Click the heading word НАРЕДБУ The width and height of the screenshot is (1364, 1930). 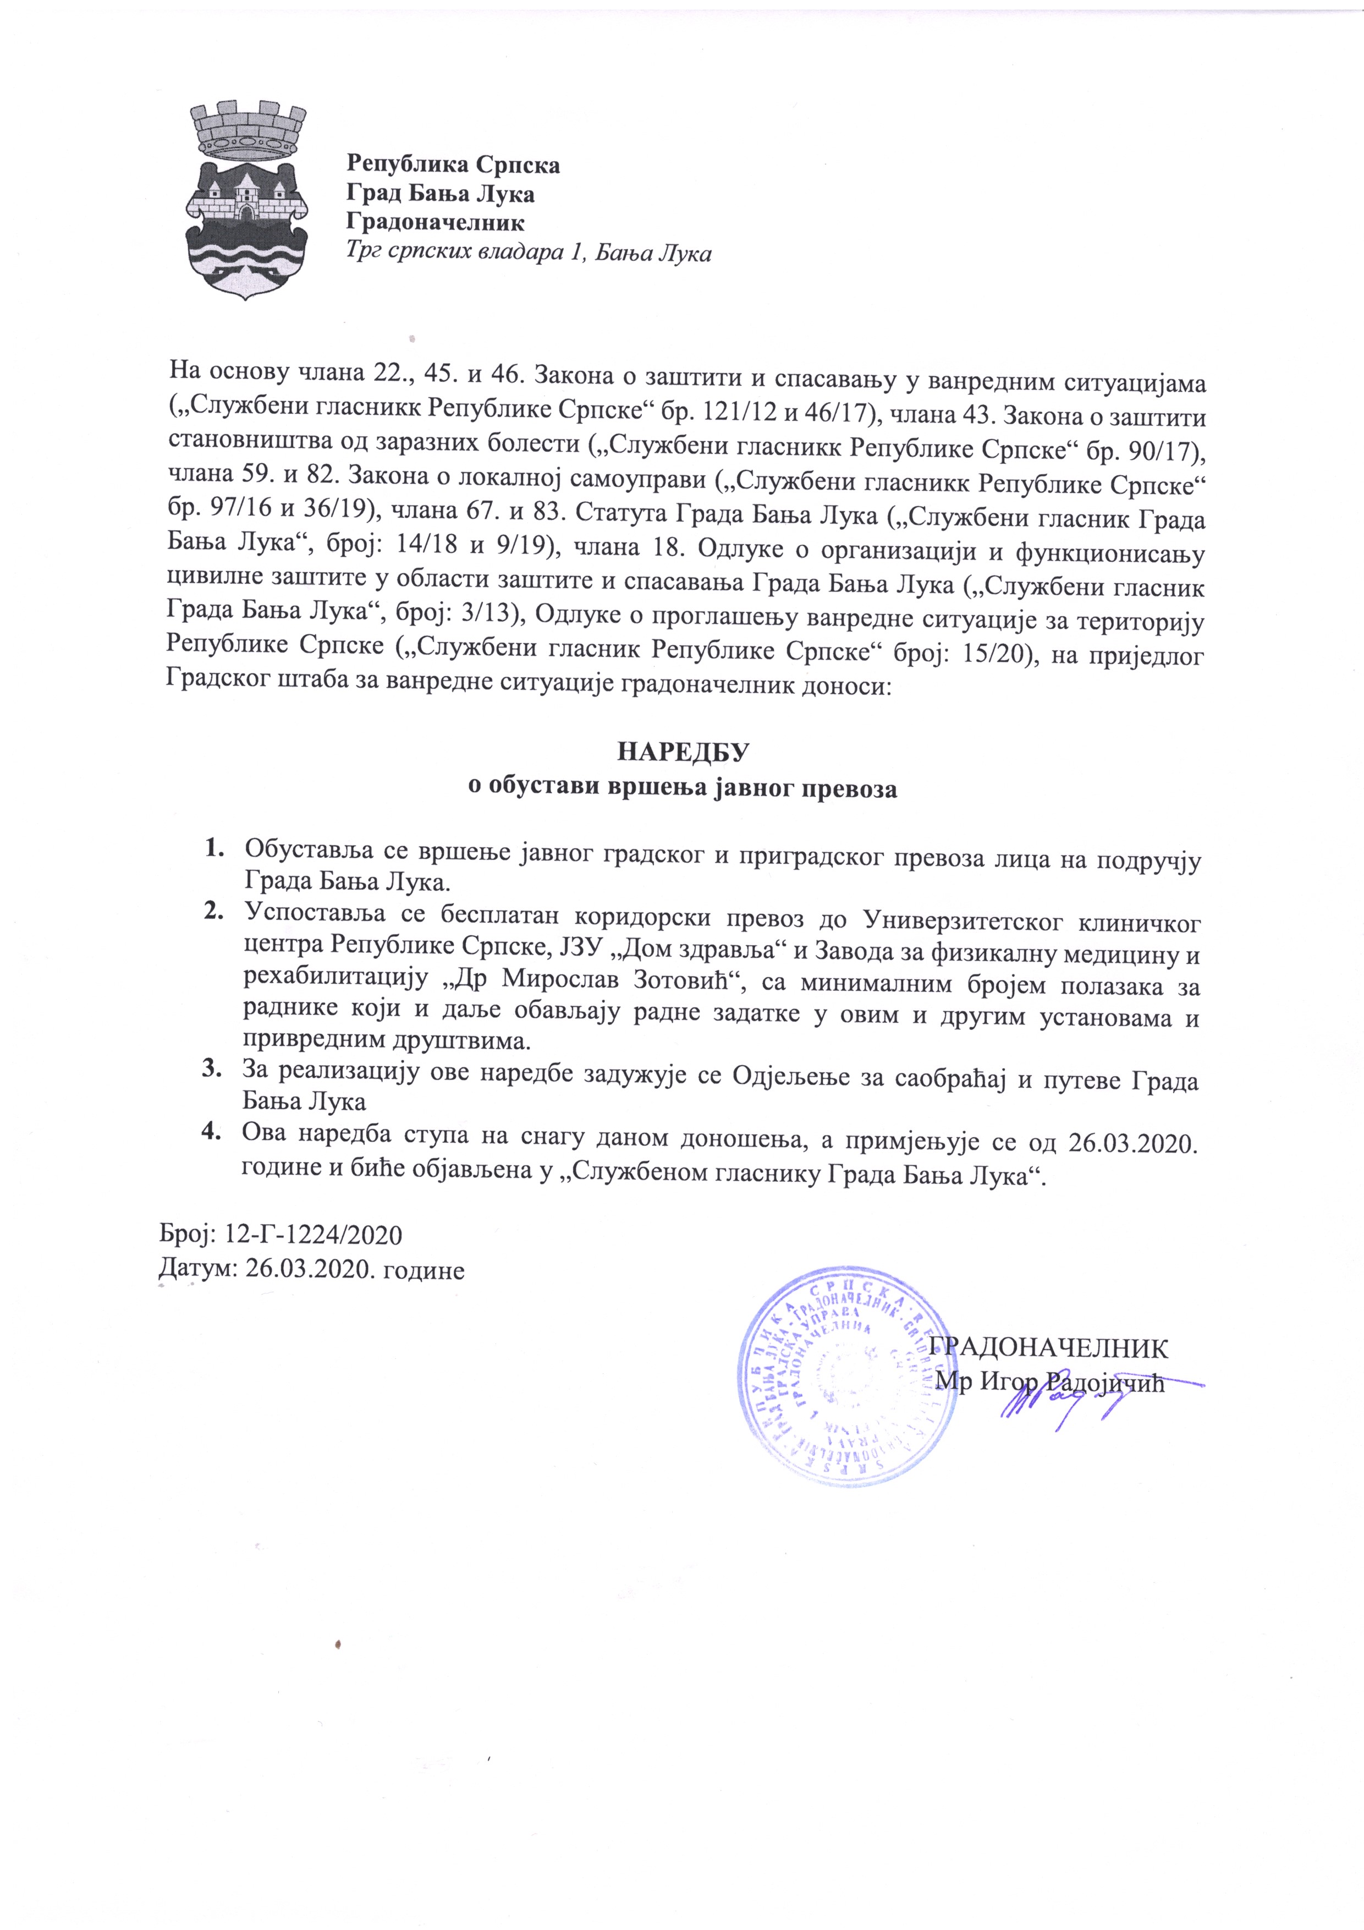coord(683,752)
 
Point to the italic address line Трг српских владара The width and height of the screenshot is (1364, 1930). coord(530,253)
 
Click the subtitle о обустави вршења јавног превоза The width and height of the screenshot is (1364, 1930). coord(683,790)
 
